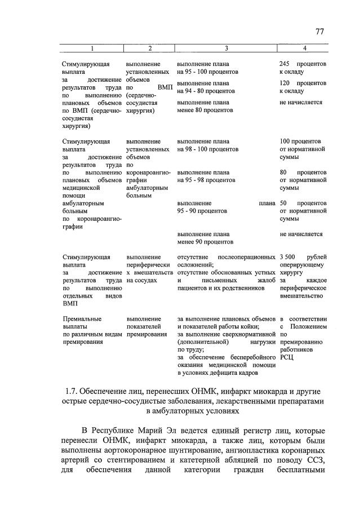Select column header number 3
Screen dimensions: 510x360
(225, 49)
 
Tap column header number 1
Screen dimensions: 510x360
(92, 49)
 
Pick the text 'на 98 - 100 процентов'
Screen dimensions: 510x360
(207, 149)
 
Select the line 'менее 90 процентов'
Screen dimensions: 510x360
(205, 242)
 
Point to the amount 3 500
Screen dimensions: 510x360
(288, 257)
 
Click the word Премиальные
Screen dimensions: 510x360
(82, 319)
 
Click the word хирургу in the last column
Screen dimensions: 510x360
(292, 272)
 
